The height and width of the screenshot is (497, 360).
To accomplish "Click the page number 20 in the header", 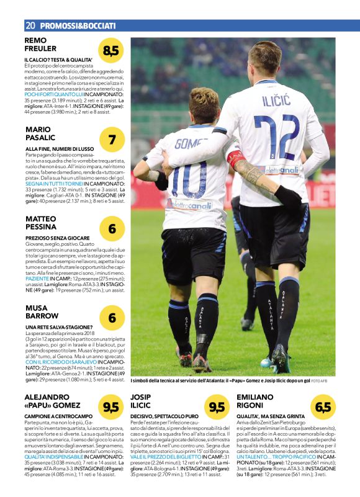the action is click(29, 25).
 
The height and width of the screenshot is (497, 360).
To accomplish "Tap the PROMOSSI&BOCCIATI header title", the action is click(78, 25).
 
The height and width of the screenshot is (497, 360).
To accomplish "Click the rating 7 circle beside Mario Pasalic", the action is click(112, 140).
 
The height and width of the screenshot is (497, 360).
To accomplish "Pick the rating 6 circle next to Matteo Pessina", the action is click(112, 229).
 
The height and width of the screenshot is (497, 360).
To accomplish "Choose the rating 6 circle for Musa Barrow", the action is click(112, 318).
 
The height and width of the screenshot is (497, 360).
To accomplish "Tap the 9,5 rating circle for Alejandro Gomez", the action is click(112, 407).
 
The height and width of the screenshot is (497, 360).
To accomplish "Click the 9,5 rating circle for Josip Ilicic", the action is click(217, 407).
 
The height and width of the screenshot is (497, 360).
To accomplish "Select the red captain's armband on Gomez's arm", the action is click(235, 158).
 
